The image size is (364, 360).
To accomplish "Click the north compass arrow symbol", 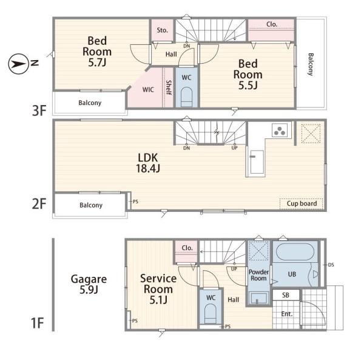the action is [x=18, y=64].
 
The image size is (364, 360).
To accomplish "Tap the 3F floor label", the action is [x=39, y=110].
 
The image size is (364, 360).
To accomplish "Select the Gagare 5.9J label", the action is [x=89, y=284].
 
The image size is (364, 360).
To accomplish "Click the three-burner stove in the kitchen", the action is [x=280, y=131].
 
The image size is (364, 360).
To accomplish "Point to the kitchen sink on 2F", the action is [x=257, y=162].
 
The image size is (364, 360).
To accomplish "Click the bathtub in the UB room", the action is [x=295, y=252].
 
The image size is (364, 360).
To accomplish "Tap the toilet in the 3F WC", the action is [x=187, y=97].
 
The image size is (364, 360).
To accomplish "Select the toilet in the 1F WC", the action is [x=211, y=314].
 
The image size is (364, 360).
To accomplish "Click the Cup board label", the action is [x=302, y=203].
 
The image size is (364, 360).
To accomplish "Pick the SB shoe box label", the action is [x=286, y=295].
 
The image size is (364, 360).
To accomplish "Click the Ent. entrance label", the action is [x=287, y=314].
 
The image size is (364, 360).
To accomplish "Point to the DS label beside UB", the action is [x=331, y=265].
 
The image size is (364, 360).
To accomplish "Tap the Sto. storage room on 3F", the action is [x=162, y=30].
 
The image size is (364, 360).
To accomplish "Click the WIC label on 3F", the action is [x=148, y=89].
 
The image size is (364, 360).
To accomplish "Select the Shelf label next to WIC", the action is [x=169, y=87].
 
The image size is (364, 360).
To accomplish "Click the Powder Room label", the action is [x=258, y=275].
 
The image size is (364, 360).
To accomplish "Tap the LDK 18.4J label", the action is [x=148, y=163].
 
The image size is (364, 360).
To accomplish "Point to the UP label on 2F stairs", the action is [x=234, y=148].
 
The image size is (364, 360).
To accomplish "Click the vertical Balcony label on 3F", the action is [x=311, y=64].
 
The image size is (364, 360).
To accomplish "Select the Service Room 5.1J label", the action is [x=158, y=289].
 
